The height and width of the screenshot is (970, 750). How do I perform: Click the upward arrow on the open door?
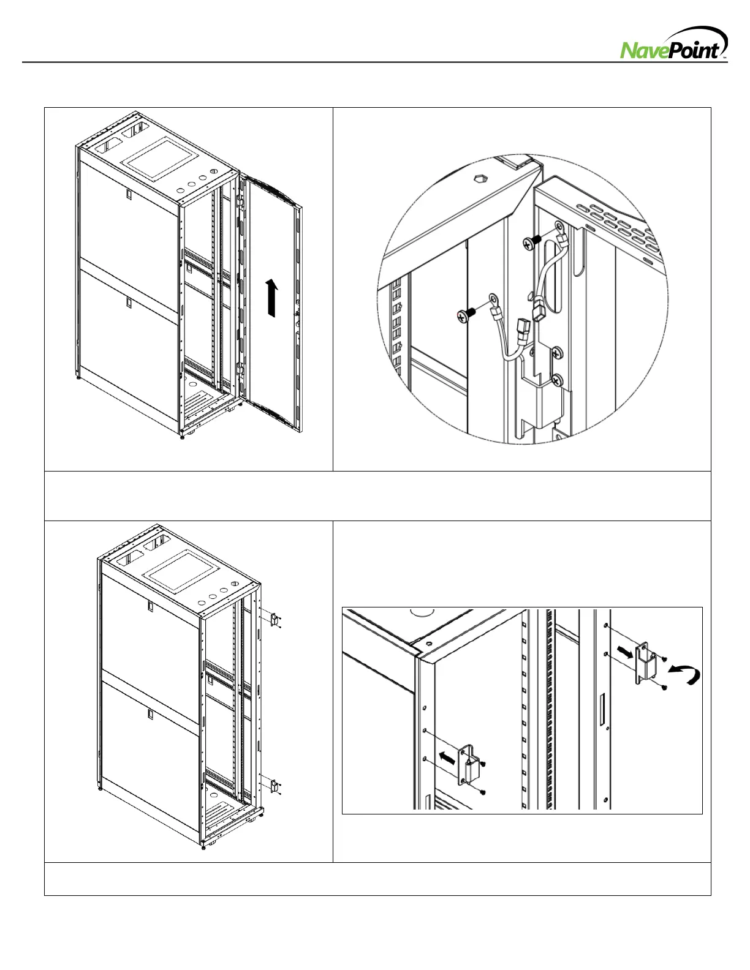coord(271,298)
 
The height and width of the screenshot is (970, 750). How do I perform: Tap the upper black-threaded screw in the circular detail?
coord(532,242)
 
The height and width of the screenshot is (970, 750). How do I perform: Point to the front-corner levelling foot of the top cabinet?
coord(183,436)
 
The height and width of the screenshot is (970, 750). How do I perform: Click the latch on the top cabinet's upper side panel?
coord(129,194)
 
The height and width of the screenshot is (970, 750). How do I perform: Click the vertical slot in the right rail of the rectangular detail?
coord(602,709)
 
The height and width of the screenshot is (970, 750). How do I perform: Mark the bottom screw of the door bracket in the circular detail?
coord(555,380)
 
